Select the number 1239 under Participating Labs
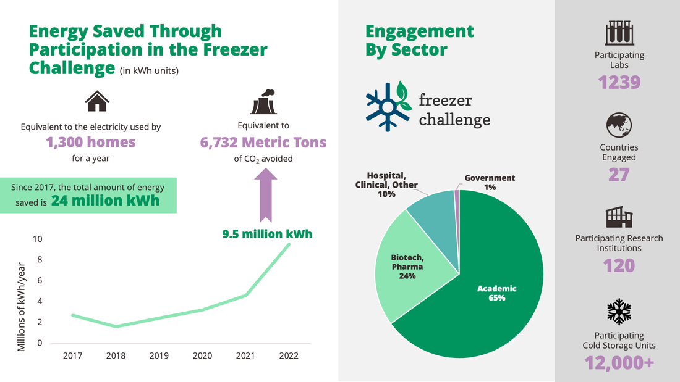point(619,82)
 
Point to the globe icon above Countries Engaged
point(619,125)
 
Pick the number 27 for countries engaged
point(619,175)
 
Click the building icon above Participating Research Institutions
point(619,217)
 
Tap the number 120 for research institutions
point(619,266)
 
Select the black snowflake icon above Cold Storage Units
point(619,312)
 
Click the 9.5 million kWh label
point(267,234)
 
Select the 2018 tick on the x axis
point(116,356)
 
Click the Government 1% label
point(490,182)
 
